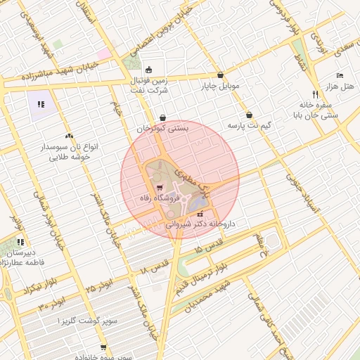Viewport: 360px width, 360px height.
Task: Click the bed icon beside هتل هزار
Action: tap(340, 75)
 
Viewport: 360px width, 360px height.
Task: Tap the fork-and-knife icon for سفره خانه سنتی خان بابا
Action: tap(314, 94)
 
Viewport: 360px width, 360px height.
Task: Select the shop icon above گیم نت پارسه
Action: tap(249, 115)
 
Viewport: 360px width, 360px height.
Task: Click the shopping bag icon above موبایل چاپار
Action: tap(221, 75)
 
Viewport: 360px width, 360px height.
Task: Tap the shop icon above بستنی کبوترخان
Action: tap(163, 118)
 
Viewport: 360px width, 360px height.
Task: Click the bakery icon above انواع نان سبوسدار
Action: tap(68, 136)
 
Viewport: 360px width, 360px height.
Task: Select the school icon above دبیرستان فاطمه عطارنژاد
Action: tap(17, 240)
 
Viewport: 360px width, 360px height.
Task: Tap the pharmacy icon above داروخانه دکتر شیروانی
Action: tap(200, 214)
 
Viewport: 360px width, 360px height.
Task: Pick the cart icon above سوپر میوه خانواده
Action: tap(103, 347)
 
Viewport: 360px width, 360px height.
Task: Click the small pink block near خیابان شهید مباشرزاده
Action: tap(104, 53)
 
